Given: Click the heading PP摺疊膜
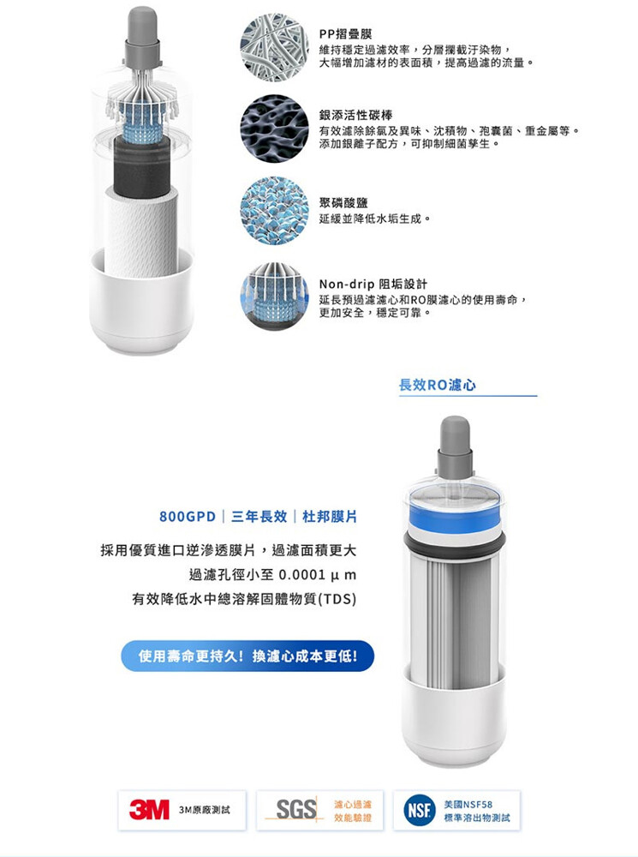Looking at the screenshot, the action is pos(346,34).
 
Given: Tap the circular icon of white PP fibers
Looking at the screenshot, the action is pos(274,47).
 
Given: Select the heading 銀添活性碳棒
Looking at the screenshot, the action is pos(355,115).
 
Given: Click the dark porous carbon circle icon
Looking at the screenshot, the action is pos(274,129).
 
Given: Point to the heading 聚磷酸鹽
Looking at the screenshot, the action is pos(343,203).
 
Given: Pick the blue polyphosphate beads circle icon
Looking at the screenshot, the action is pos(274,211).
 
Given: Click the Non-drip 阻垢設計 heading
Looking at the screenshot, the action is pos(373,284).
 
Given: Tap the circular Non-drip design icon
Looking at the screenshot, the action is pos(274,297).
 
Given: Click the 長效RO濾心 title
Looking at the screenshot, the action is pos(438,385).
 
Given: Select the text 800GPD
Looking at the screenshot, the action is pos(188,517).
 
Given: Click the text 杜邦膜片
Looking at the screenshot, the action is pos(330,517).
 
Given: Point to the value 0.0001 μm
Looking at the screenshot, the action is pos(318,575).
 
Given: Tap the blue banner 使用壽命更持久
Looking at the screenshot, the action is pos(247,656).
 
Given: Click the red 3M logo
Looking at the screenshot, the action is pos(149,810).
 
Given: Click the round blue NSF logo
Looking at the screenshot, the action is pos(419,810).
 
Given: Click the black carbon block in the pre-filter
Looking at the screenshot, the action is pos(142,167).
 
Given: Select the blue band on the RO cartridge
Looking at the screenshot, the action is pos(455,518).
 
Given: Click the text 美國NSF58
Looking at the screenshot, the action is pos(468,804).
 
